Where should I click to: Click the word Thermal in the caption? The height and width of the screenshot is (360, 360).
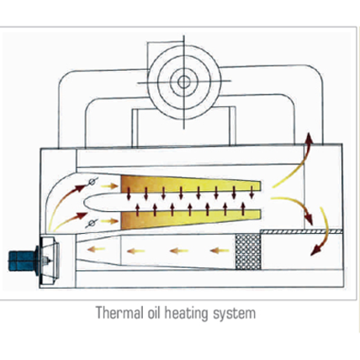(x=119, y=313)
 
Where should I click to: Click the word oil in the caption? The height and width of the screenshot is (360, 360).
(x=154, y=313)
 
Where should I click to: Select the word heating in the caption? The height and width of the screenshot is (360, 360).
(x=186, y=314)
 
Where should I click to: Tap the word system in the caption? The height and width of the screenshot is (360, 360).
(x=234, y=314)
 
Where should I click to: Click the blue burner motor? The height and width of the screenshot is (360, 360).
(x=24, y=261)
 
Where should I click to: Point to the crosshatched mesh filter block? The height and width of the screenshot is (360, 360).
(x=248, y=251)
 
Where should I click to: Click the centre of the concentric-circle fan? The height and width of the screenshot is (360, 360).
(x=184, y=82)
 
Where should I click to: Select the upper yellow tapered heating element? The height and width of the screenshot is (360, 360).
(x=191, y=184)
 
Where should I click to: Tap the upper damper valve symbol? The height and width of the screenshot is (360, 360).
(x=92, y=182)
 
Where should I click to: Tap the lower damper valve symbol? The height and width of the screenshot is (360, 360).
(x=92, y=223)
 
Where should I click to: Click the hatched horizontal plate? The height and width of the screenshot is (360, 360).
(x=301, y=231)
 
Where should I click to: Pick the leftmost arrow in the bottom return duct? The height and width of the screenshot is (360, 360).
(x=96, y=249)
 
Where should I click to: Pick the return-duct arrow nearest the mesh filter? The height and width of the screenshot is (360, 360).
(x=220, y=250)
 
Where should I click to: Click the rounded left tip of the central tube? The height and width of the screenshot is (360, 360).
(x=84, y=202)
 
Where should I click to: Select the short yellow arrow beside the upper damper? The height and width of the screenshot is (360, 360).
(x=109, y=186)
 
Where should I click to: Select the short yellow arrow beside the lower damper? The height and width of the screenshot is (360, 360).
(x=109, y=221)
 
